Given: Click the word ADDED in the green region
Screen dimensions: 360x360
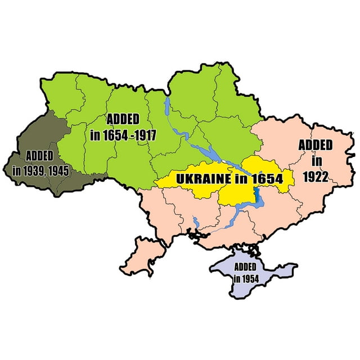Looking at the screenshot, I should tap(124, 119).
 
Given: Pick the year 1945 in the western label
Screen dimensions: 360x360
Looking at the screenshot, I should tap(58, 170).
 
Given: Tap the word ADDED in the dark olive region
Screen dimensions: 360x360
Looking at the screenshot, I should tap(39, 155).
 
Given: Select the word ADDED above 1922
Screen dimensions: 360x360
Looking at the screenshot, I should tap(315, 145).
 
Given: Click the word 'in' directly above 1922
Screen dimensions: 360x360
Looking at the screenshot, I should tap(317, 160).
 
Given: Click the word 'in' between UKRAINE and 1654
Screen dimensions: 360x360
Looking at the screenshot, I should tap(238, 179).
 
